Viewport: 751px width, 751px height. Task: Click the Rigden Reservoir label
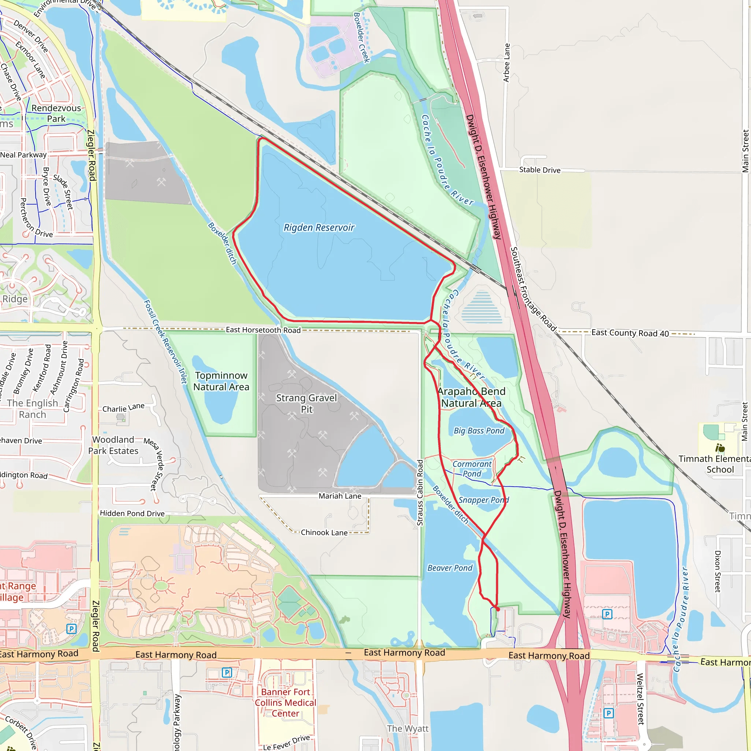coord(319,227)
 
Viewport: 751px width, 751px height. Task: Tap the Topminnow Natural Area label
coord(221,381)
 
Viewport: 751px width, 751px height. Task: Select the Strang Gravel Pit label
coord(306,403)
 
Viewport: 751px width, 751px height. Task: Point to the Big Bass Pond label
coord(479,431)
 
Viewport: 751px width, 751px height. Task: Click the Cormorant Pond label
coord(472,469)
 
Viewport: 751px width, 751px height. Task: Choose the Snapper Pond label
coord(484,500)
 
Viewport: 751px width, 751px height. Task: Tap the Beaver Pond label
coord(450,568)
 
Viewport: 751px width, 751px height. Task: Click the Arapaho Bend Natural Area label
coord(471,397)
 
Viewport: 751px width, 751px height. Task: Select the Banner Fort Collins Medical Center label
coord(285,703)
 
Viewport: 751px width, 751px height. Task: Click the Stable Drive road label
coord(539,170)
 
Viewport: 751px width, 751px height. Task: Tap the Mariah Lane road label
coord(340,496)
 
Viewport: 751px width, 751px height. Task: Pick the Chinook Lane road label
coord(324,532)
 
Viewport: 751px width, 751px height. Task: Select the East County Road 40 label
coord(630,333)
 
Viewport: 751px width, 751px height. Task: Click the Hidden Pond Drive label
coord(132,513)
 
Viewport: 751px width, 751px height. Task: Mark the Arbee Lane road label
coord(506,63)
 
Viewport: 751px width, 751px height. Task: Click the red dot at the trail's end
coord(498,609)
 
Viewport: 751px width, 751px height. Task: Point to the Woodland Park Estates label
coord(113,445)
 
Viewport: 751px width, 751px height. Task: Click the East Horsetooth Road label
coord(263,330)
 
